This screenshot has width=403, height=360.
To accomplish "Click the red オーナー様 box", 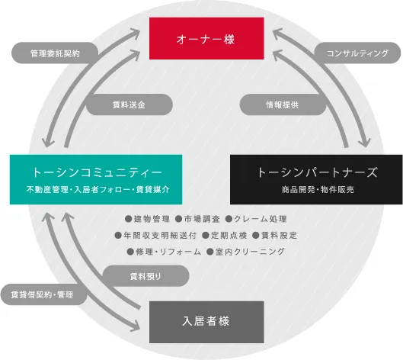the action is point(206,38).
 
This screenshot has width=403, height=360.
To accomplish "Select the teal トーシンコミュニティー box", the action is point(96,179).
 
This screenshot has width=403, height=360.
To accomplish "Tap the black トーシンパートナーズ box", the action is point(316,179).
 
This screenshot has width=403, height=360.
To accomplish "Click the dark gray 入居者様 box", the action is point(206,322).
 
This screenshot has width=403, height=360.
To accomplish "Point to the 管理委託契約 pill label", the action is point(55,53).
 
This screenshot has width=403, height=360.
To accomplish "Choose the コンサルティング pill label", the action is point(357,53).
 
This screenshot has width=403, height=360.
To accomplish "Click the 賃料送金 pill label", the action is point(129,104).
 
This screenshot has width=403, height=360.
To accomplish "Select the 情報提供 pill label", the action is point(283,104).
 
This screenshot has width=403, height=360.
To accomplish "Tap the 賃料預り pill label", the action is point(146,276).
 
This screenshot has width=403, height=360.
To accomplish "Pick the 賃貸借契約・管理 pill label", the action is point(43,294).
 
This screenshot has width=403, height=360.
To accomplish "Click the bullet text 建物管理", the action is point(152,219).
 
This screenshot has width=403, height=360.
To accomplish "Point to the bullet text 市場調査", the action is point(202,219).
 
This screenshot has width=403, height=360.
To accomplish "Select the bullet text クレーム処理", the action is point(261,219).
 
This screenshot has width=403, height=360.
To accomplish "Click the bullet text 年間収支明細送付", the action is point(160,235).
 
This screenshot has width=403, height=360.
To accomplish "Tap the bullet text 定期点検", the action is point(229,235).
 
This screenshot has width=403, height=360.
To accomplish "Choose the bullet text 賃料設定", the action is point(279,235).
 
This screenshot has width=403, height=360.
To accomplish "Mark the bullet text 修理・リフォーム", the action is point(168,252).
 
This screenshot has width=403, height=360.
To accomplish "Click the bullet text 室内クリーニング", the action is point(251,252).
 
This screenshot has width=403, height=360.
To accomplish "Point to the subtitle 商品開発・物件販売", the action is point(318,190).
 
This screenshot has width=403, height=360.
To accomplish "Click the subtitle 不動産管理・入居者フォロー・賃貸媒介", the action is point(98,190).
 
